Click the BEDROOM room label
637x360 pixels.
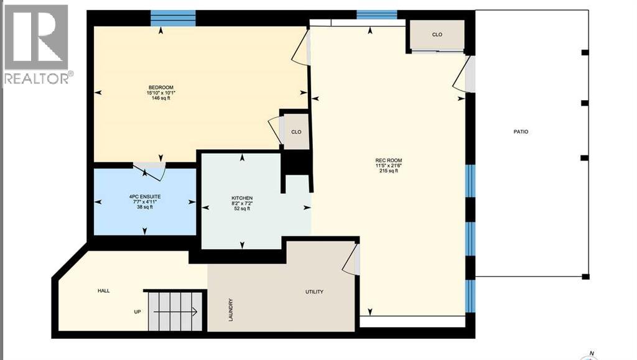pos(160,87)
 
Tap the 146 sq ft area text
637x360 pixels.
pos(160,98)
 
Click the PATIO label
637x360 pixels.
pos(521,132)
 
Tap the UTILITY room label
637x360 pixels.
pos(314,292)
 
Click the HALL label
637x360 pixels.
pos(104,290)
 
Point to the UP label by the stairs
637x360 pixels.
pos(137,312)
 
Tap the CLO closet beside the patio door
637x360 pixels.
pos(437,35)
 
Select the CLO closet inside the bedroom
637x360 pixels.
pos(296,132)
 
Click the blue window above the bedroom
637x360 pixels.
pos(173,18)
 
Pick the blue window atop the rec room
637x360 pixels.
pos(376,14)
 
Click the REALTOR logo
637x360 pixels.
pos(37,44)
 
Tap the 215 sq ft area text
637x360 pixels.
pos(389,171)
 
